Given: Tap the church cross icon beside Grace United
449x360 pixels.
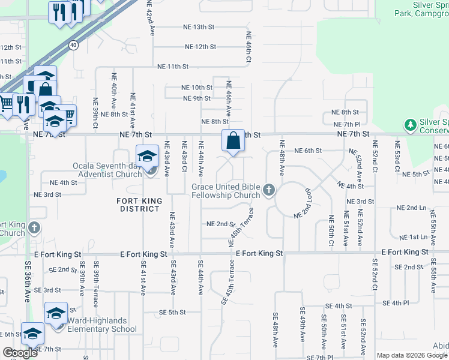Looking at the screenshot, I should point(268,191).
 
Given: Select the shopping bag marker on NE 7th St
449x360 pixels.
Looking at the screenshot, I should point(234,142).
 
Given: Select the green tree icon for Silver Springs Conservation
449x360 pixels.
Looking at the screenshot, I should point(410,125).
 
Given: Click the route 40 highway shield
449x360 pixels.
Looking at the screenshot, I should point(73,44).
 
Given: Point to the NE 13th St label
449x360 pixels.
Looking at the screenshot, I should point(199,27).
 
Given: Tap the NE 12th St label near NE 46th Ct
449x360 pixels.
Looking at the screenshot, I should point(200,47).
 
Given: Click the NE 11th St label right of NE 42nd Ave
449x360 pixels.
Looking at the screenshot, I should point(172,67).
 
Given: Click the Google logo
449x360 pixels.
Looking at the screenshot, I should point(20,353).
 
